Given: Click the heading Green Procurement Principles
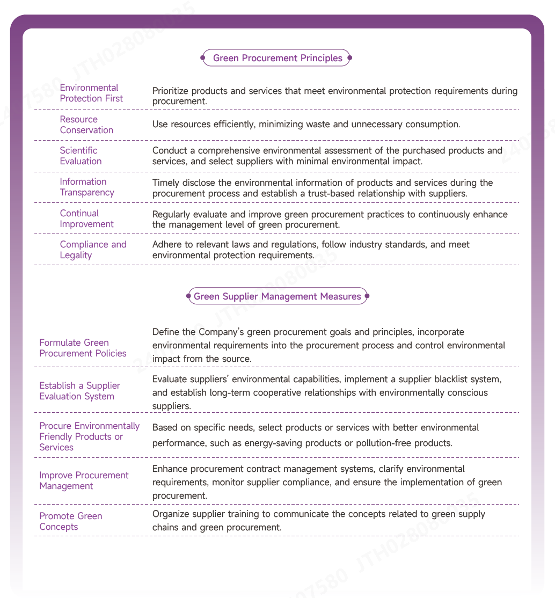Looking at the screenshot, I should point(277,58).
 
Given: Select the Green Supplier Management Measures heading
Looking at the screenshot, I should point(277,296).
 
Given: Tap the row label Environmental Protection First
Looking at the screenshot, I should point(91,93).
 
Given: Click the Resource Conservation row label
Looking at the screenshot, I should point(86,125).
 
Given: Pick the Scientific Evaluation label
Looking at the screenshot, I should point(81,156).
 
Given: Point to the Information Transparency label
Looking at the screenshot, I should point(87,187).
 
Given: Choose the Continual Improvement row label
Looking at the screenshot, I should point(86,218).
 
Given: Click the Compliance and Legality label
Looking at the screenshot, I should point(93,250).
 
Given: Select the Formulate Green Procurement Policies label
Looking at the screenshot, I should point(83,348).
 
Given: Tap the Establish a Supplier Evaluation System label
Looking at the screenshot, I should point(79,391).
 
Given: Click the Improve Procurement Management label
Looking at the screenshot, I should point(84,480).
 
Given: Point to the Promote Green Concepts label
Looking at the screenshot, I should point(70,521).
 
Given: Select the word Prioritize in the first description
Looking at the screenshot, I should point(171,91).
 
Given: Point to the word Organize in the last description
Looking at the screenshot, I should point(171,514).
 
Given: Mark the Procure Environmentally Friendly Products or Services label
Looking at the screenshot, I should point(89,436).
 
